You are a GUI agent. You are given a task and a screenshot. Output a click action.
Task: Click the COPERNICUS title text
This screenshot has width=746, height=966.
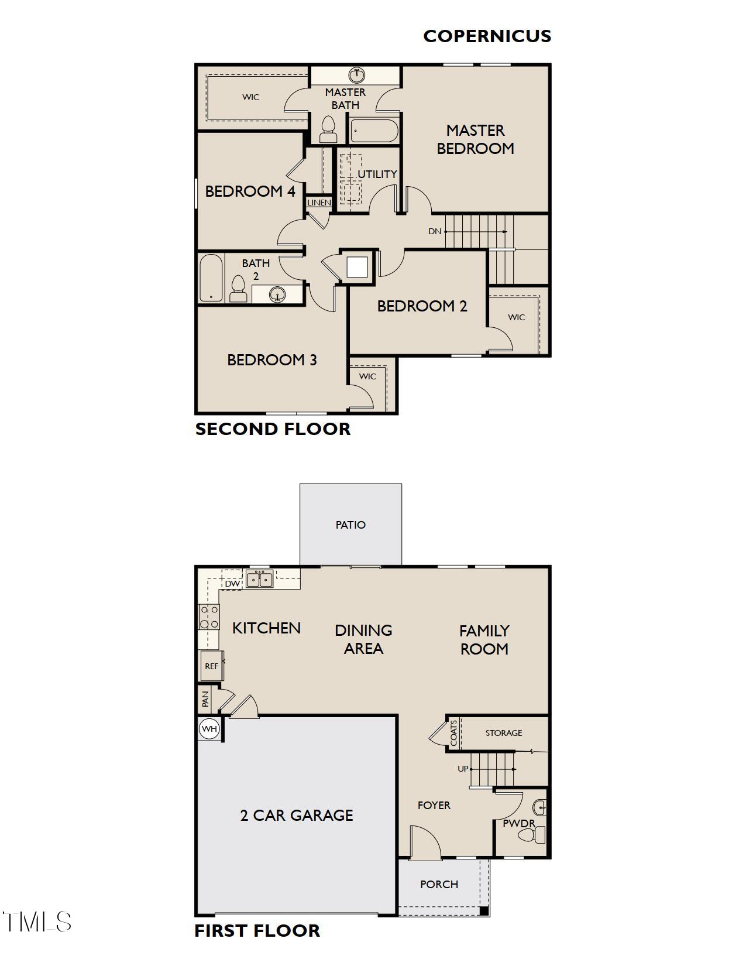[487, 36]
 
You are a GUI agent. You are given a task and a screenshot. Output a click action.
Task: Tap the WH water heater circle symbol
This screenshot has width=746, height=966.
[209, 729]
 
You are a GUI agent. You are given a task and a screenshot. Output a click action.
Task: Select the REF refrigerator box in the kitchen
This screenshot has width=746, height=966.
[211, 666]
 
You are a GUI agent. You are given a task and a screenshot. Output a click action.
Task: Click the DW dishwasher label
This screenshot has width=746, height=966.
[232, 584]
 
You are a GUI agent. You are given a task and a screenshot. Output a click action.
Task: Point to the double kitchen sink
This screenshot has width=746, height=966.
[259, 580]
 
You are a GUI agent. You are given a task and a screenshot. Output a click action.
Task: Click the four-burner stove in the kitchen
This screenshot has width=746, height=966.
[209, 617]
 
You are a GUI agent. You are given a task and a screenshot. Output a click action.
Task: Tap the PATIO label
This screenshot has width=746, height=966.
[350, 525]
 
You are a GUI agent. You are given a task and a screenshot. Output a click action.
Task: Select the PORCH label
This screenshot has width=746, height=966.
[439, 884]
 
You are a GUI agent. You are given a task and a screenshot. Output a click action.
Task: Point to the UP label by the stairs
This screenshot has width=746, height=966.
[463, 769]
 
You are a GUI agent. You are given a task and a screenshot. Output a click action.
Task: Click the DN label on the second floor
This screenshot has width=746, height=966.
[435, 231]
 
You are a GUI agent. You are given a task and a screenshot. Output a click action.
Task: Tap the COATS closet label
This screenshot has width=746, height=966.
[454, 733]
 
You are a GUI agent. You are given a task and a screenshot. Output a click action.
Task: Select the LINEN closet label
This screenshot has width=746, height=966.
[319, 203]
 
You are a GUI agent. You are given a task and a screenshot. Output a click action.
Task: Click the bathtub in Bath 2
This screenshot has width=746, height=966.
[211, 278]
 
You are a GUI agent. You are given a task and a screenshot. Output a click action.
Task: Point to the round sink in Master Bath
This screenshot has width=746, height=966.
[356, 75]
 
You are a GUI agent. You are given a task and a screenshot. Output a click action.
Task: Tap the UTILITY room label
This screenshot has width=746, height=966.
[377, 174]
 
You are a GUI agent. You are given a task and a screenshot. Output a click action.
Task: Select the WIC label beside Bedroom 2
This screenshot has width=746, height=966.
[516, 317]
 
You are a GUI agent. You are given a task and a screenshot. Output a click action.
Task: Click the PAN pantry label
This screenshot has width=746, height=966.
[205, 699]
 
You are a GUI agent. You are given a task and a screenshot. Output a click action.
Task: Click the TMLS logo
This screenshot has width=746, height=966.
[36, 922]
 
